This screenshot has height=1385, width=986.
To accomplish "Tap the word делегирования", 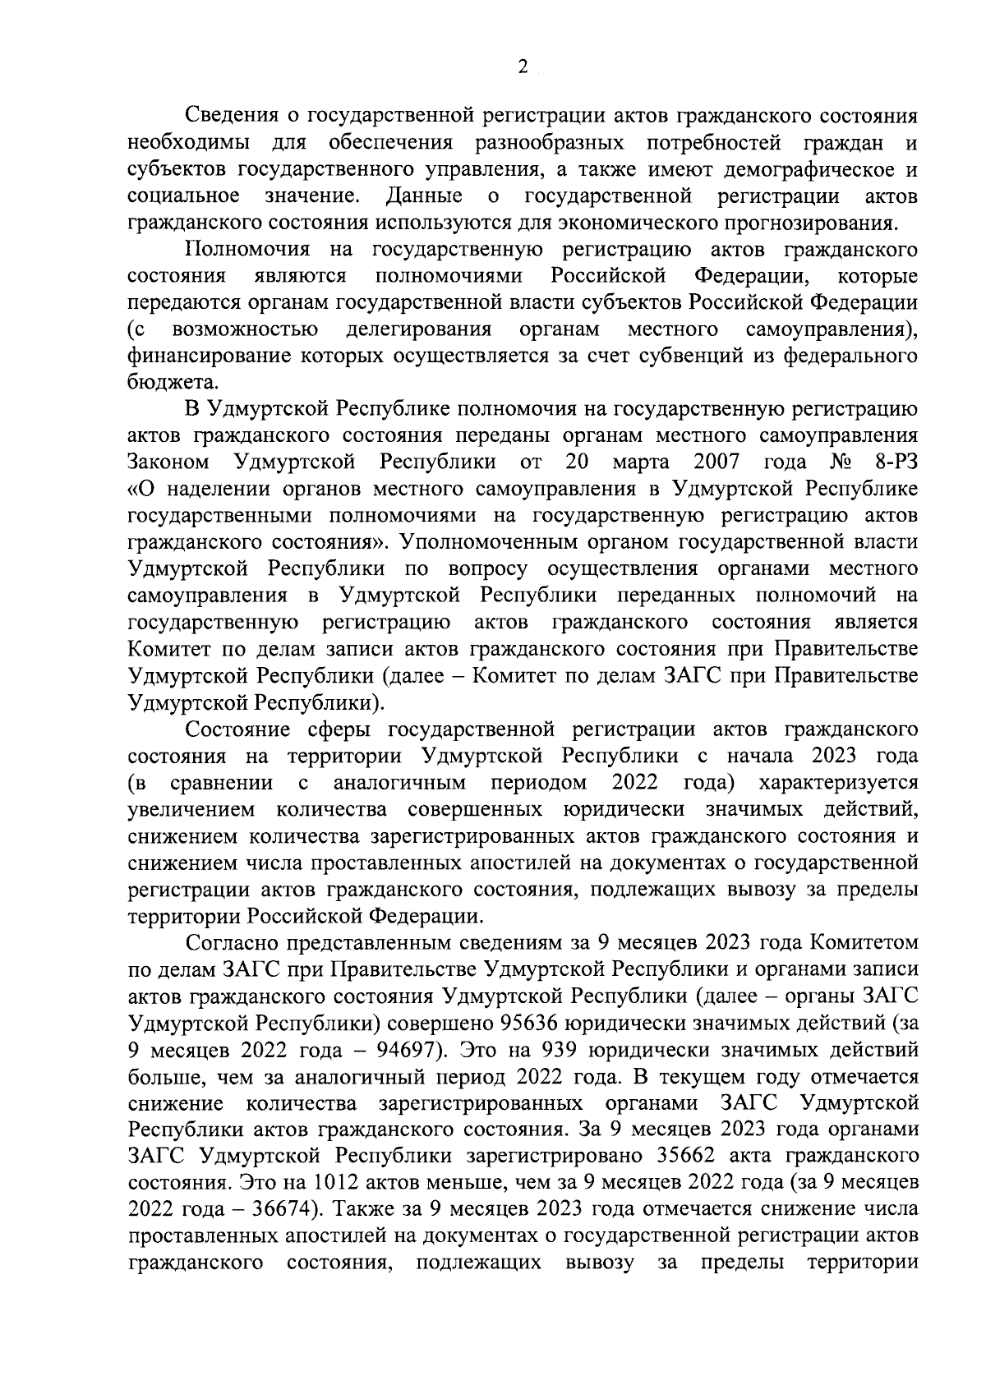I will [x=418, y=330].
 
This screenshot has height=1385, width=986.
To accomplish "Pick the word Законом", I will [x=168, y=463].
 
